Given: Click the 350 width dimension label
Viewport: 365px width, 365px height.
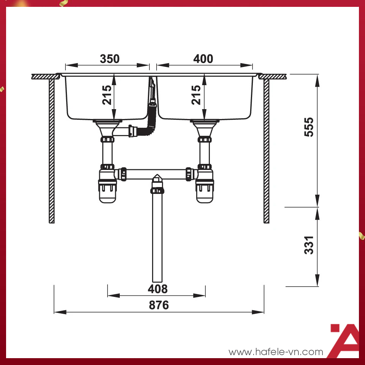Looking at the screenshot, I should (109, 59).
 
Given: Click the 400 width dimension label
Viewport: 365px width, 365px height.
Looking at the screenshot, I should (203, 59).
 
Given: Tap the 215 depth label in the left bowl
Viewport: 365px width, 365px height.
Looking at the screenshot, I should (107, 95).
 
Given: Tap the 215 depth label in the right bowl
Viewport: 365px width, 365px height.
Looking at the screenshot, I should (196, 95).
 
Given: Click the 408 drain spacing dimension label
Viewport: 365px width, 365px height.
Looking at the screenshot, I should (157, 289).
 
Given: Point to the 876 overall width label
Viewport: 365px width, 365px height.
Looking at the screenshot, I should (159, 305).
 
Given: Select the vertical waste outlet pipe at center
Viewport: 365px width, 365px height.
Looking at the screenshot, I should (157, 243).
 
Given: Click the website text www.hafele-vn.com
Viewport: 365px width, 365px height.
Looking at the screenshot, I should (276, 352).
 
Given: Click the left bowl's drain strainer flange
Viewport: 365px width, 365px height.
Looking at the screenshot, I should (107, 122).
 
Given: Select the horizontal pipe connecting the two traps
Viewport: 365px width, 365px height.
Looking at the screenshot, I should (156, 173).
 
